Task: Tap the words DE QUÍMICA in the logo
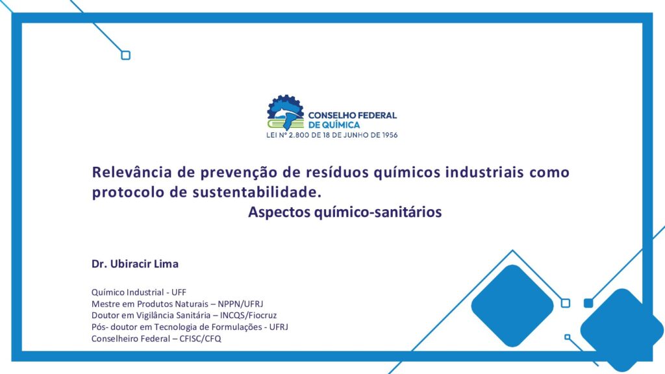point(334,125)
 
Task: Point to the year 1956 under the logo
point(390,135)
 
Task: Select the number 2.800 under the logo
point(299,135)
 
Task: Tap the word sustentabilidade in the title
point(255,192)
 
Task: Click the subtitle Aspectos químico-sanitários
point(345,212)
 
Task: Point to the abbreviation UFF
point(179,292)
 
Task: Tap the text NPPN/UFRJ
point(240,304)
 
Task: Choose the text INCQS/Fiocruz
point(248,315)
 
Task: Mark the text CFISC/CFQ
point(200,338)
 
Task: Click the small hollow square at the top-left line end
point(125,55)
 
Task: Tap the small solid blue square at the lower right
point(588,303)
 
